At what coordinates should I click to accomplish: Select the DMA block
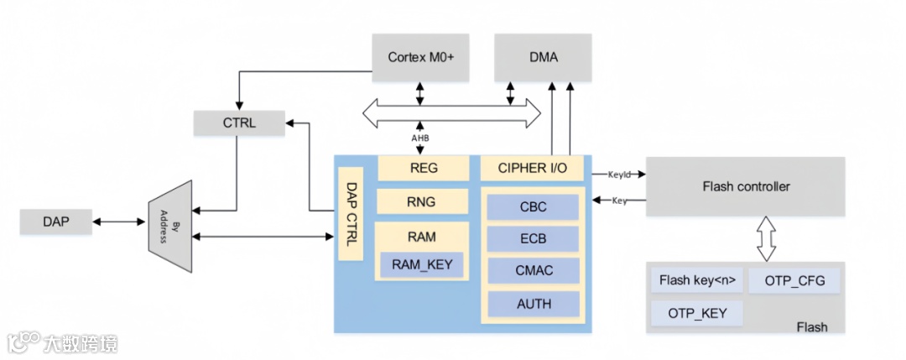(x=543, y=58)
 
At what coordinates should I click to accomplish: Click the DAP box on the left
(x=56, y=222)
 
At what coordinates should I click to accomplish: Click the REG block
(x=424, y=168)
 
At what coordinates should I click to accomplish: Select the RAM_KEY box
(x=422, y=264)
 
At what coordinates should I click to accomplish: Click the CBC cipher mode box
(x=533, y=207)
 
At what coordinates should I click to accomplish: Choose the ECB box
(x=533, y=238)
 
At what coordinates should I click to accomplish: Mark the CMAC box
(x=533, y=270)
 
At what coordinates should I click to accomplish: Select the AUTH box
(x=533, y=303)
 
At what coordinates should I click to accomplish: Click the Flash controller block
(x=746, y=186)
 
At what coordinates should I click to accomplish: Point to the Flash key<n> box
(x=696, y=280)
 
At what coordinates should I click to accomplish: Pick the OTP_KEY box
(x=696, y=313)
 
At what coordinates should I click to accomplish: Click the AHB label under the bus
(x=419, y=138)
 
